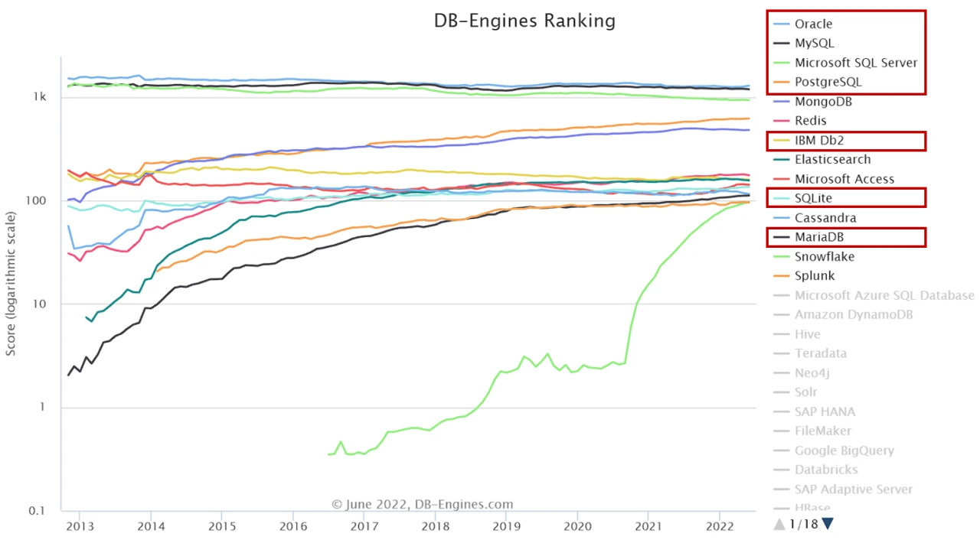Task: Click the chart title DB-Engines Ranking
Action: click(524, 21)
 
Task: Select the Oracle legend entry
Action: click(813, 24)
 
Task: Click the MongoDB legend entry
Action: click(823, 102)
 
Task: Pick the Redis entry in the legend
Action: click(810, 121)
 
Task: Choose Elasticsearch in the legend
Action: click(832, 160)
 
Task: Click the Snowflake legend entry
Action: click(824, 257)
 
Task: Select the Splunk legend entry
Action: click(815, 276)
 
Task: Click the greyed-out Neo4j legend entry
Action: click(812, 373)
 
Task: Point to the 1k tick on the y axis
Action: click(40, 97)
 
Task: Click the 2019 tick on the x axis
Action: click(506, 527)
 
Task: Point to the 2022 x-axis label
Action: click(720, 527)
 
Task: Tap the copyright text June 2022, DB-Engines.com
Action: click(422, 505)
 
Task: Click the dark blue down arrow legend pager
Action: click(827, 524)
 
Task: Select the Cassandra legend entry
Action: click(825, 218)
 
